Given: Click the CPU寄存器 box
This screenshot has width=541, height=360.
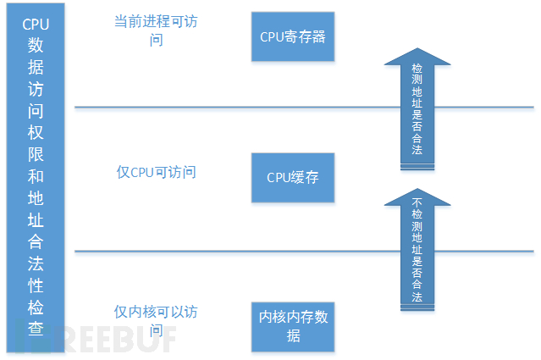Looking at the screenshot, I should pos(293,37).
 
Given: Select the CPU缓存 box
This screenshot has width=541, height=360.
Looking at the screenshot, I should pos(293,177).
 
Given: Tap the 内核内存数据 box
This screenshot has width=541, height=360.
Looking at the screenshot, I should pos(293,327).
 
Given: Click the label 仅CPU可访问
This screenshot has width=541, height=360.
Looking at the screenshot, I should pos(156,172).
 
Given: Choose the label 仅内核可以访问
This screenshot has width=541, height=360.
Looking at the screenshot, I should pos(156,311).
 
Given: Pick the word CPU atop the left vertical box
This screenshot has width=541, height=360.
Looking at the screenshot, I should pos(36,24).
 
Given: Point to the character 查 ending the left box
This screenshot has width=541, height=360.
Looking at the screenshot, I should pos(36,328).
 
